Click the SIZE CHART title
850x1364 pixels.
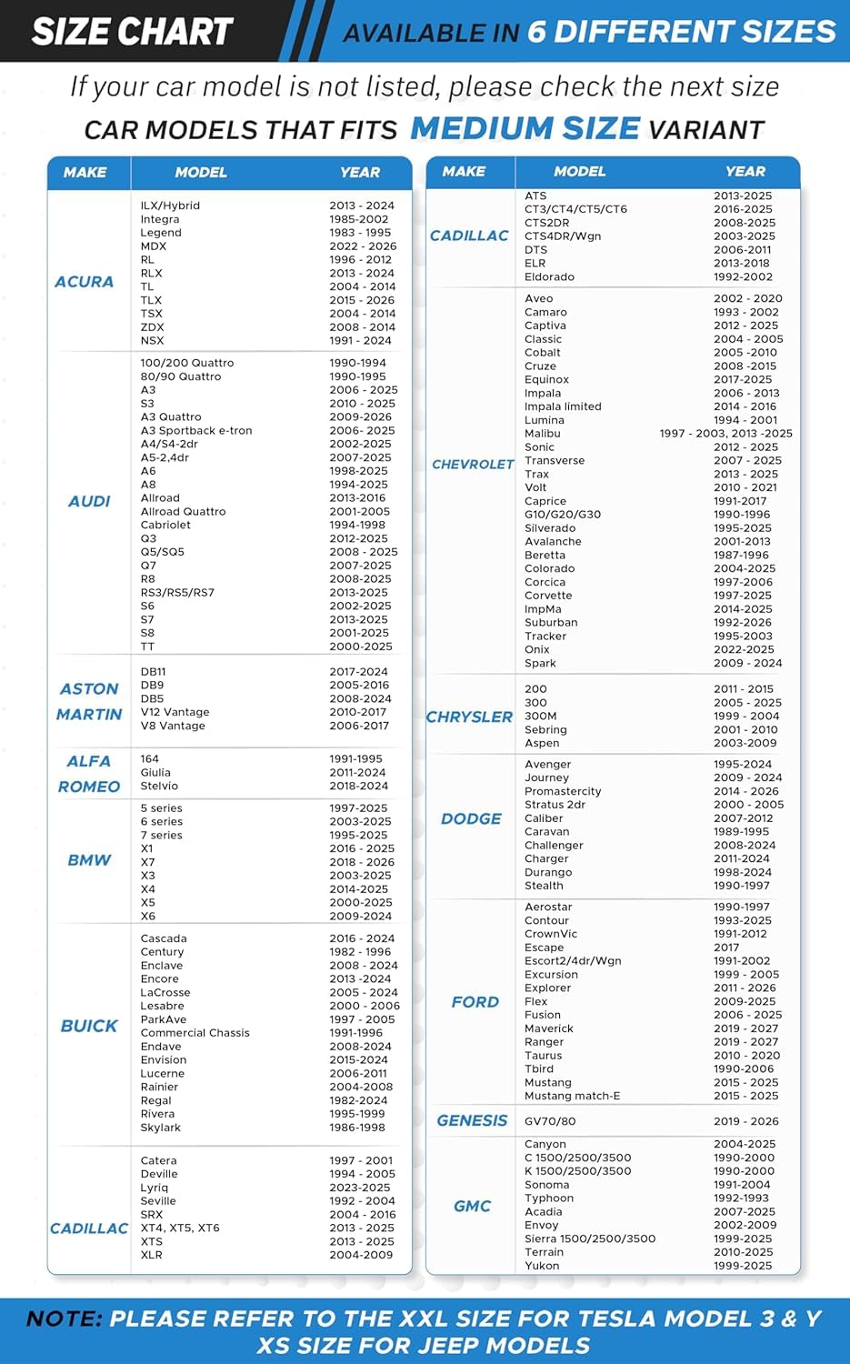(133, 32)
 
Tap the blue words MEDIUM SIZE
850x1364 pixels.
(525, 128)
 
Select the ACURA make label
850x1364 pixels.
(85, 282)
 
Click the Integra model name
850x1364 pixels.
(160, 219)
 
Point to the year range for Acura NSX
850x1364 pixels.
(360, 341)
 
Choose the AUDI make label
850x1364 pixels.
(89, 501)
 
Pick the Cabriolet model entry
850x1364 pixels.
(165, 525)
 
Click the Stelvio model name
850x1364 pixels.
(159, 786)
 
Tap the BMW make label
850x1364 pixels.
(89, 860)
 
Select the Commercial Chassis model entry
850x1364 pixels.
(195, 1033)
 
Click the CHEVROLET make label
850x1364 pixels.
(473, 465)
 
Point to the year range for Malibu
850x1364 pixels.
(725, 434)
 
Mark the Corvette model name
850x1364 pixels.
(549, 596)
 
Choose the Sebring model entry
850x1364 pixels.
(545, 729)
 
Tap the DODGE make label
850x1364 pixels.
(471, 818)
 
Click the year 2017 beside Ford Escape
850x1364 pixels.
(726, 948)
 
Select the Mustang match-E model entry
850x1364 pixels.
(572, 1096)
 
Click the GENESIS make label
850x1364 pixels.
(472, 1120)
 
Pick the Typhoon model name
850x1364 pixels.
(549, 1199)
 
